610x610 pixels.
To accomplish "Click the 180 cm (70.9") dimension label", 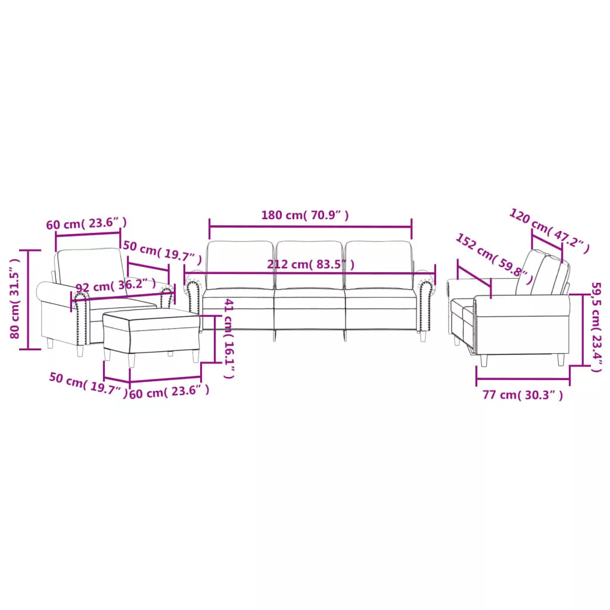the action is (x=305, y=215).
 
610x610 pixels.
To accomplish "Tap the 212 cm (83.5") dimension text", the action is (x=311, y=264).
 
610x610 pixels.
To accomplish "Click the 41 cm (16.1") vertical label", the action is (x=229, y=338).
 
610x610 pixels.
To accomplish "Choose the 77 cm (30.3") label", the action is (x=523, y=395).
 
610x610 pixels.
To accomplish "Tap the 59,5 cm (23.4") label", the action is (x=596, y=327).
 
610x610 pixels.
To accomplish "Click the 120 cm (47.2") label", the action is (x=550, y=231).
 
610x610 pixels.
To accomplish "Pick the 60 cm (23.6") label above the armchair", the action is (x=86, y=224).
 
